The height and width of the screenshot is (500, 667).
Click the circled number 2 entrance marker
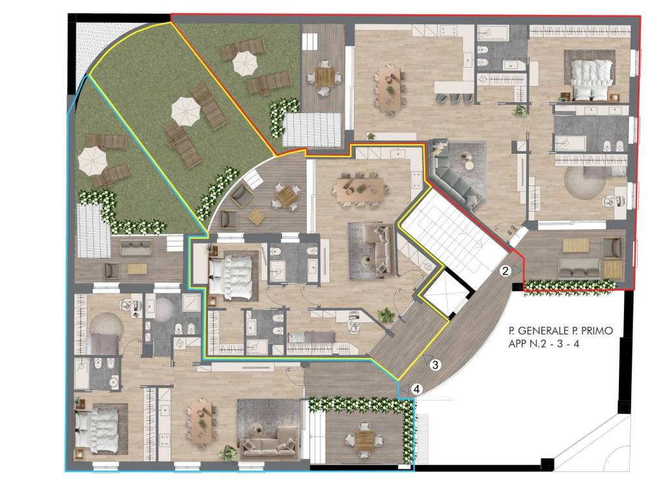[x=505, y=271]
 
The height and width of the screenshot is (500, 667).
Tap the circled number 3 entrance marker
[x=434, y=365]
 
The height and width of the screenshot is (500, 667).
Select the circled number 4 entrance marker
[x=418, y=389]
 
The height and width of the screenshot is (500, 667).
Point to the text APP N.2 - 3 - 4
[x=544, y=344]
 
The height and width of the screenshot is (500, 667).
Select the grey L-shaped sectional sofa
[x=456, y=174]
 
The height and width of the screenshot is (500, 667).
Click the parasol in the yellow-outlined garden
[x=186, y=111]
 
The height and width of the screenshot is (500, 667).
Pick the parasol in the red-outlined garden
[x=245, y=63]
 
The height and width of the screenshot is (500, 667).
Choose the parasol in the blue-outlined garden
[x=92, y=160]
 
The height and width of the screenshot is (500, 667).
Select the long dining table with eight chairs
[x=361, y=189]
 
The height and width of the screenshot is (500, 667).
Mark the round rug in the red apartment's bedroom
[x=584, y=183]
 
